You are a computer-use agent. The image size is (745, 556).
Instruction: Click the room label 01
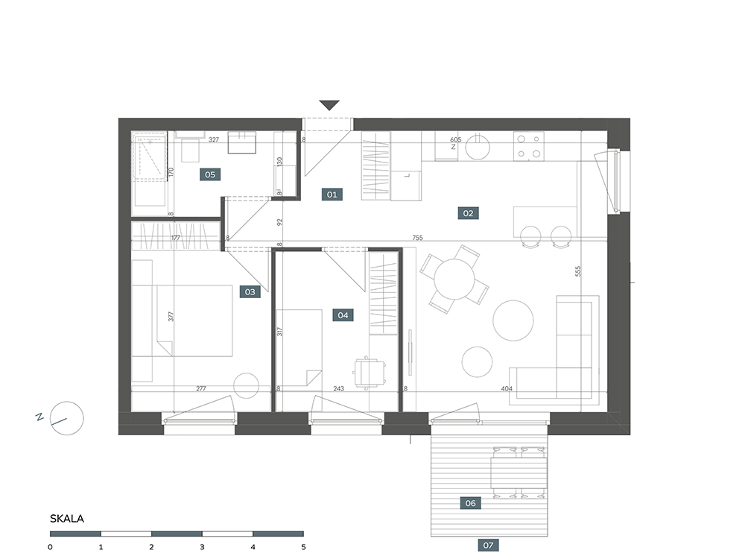[x=332, y=194]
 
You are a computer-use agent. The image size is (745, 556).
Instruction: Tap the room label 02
[x=468, y=213]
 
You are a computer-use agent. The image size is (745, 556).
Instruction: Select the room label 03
[x=250, y=291]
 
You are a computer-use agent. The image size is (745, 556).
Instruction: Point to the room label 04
[x=343, y=315]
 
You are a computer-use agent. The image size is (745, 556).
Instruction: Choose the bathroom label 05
[x=210, y=174]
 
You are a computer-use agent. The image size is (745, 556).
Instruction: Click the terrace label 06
[x=470, y=503]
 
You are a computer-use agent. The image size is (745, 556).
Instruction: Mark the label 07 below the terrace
[x=489, y=545]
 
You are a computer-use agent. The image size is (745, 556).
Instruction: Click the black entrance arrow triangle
[x=329, y=105]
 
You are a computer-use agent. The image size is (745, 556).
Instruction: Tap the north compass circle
[x=67, y=419]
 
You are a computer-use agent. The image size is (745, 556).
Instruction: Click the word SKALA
[x=67, y=519]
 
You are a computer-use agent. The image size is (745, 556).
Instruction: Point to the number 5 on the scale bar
[x=304, y=547]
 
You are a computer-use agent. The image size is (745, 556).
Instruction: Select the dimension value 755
[x=417, y=238]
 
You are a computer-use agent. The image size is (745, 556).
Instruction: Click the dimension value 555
[x=578, y=271]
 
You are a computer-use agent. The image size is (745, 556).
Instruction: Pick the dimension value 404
[x=507, y=388]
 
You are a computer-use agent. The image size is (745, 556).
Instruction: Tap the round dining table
[x=454, y=279]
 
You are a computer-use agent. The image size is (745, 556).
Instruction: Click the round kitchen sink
[x=478, y=147]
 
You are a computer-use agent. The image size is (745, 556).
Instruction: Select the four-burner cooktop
[x=529, y=146]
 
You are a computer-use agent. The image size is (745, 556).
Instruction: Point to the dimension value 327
[x=214, y=139]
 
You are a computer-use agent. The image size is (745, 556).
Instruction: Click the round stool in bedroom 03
[x=246, y=385]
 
